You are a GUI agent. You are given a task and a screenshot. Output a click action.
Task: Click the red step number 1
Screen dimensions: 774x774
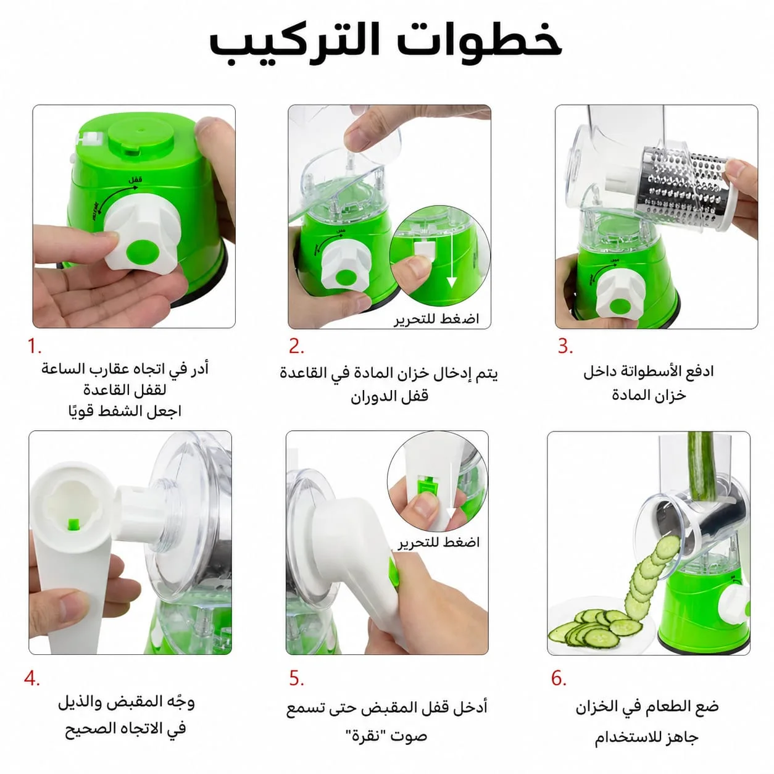coord(34,346)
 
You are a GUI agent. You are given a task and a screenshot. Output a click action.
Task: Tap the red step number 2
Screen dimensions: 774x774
coord(296,346)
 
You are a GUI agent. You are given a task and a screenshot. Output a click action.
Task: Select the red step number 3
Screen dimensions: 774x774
coord(565,346)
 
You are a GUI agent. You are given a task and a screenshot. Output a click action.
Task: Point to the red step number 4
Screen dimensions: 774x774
coord(31,678)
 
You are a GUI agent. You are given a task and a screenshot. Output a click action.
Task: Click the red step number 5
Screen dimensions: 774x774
coord(296,678)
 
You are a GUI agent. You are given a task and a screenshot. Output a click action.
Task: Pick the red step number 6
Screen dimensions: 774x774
coord(559,678)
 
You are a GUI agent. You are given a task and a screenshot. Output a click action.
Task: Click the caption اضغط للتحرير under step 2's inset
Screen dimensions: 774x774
coord(436,319)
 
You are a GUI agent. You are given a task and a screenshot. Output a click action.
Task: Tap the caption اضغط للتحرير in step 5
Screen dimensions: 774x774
coord(439,543)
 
